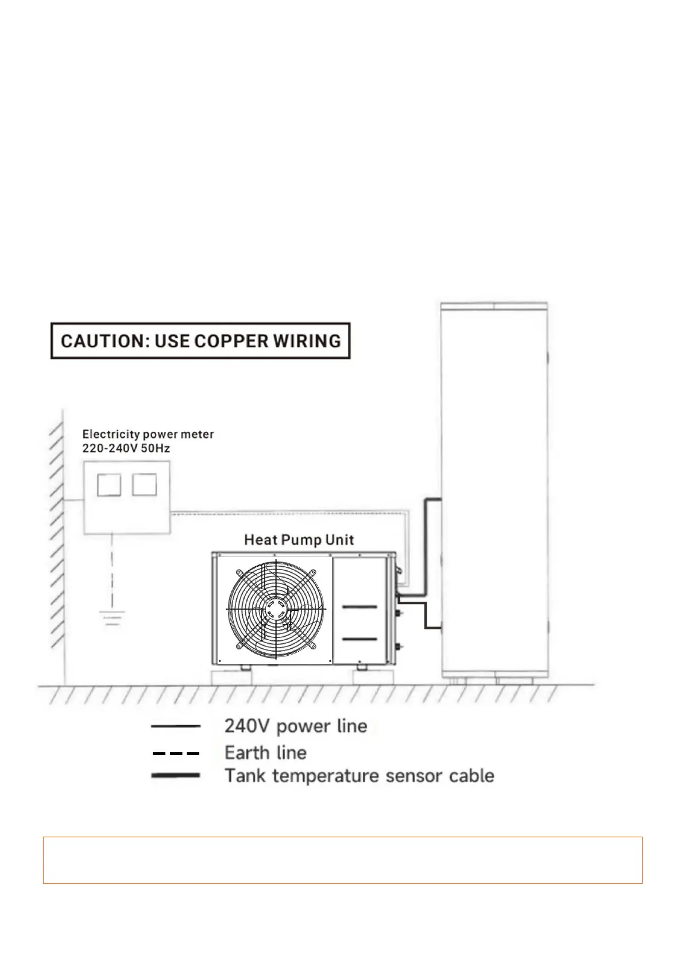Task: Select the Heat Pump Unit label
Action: (x=299, y=540)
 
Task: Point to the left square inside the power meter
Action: (x=109, y=485)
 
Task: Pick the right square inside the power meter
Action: (x=144, y=485)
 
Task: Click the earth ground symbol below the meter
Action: (x=112, y=618)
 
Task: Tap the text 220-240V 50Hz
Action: (x=126, y=448)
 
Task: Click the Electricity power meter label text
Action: (x=148, y=435)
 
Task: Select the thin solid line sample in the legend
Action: (x=175, y=726)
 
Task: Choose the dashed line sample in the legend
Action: (x=175, y=753)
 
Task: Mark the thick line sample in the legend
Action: (x=175, y=775)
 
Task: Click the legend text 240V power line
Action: (x=295, y=726)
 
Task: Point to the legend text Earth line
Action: (x=265, y=753)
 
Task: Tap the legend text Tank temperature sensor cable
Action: (x=359, y=776)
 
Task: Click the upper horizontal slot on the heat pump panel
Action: (x=359, y=607)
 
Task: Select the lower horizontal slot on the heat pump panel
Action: (x=359, y=639)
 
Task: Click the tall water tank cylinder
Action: (x=494, y=459)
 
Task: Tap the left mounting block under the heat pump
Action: (x=232, y=678)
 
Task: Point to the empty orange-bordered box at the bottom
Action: (x=342, y=860)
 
